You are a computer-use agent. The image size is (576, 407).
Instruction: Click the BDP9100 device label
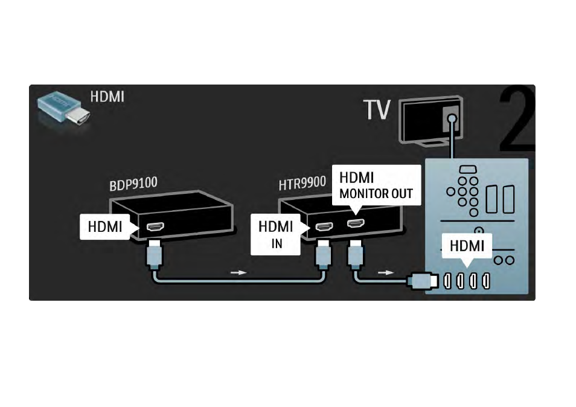[x=133, y=183]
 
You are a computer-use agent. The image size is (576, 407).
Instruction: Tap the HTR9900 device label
[x=302, y=183]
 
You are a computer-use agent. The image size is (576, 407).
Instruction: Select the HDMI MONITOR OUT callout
[x=376, y=185]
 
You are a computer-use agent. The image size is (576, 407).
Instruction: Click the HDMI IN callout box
[x=275, y=234]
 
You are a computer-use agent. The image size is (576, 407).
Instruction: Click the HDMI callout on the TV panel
[x=467, y=246]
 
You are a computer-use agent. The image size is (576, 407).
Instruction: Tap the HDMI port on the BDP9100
[x=155, y=226]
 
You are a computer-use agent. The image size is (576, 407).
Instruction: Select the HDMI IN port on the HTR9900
[x=324, y=226]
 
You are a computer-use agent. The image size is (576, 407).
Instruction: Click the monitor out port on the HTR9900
[x=356, y=223]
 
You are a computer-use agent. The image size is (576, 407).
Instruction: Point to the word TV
[x=377, y=109]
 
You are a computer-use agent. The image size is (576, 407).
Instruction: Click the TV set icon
[x=430, y=121]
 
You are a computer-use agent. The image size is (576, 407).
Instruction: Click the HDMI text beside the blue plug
[x=107, y=97]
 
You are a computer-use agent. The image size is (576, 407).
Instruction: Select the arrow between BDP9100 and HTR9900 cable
[x=238, y=272]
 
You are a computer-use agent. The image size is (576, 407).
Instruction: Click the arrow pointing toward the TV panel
[x=386, y=272]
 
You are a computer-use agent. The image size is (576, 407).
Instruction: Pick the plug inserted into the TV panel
[x=423, y=281]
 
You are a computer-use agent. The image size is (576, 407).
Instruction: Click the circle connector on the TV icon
[x=453, y=118]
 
